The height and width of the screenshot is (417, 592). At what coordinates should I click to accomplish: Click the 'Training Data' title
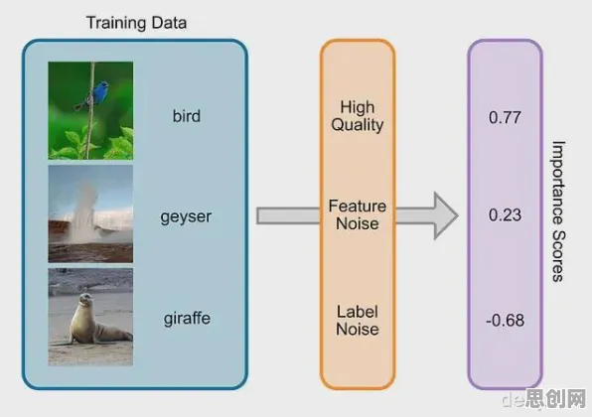136,23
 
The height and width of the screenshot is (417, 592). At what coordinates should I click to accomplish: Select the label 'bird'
187,115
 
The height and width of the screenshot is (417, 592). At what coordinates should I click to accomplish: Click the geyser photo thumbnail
90,213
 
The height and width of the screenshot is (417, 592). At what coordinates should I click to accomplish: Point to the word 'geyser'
186,217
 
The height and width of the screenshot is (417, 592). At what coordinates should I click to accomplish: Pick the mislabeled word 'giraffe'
187,318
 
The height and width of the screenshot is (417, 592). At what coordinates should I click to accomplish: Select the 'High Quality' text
358,116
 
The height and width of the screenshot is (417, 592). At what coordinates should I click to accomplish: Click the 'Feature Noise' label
358,214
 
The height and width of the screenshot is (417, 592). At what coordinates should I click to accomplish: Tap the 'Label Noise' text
358,321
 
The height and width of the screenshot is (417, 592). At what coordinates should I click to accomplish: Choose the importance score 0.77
505,117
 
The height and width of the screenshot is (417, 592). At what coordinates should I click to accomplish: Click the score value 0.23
505,215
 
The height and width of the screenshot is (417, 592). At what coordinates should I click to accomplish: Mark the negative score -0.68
505,321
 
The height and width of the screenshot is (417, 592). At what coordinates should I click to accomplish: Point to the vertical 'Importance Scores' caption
558,211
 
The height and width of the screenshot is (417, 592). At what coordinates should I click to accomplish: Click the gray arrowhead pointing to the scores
446,215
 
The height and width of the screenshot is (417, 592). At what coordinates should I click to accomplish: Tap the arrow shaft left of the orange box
288,215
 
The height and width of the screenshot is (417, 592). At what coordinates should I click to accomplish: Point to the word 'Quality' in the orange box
358,125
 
